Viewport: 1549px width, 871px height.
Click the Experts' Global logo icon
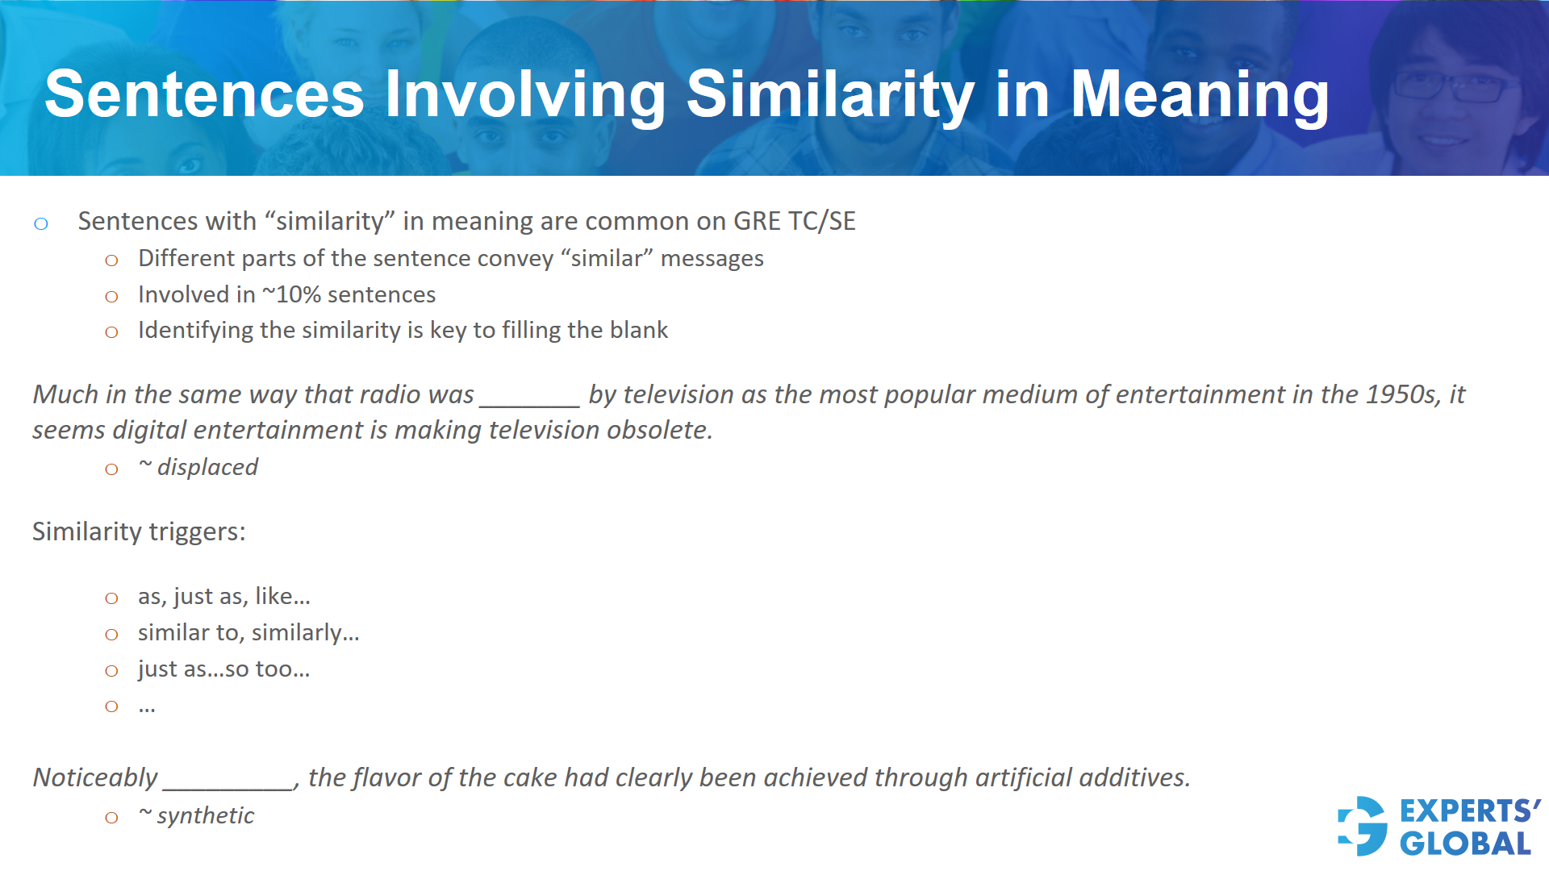click(x=1363, y=826)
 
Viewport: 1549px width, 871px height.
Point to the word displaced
click(x=207, y=467)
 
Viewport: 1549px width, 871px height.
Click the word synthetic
click(x=206, y=815)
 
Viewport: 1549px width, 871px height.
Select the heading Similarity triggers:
click(x=139, y=531)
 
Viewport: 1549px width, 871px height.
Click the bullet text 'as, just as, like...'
click(x=223, y=596)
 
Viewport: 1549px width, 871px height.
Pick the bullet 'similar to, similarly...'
click(x=248, y=632)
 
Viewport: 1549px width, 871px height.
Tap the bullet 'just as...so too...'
click(x=223, y=669)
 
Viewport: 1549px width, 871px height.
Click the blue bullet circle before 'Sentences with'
click(x=41, y=223)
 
